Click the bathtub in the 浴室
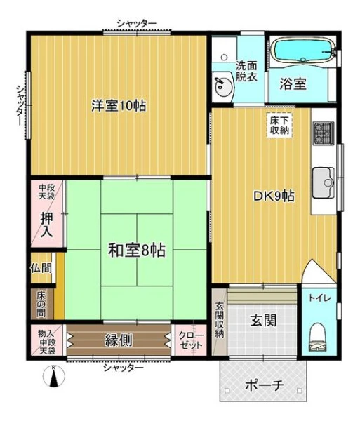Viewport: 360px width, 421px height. [303, 51]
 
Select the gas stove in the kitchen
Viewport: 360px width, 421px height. [324, 133]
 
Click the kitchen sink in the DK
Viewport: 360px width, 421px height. [324, 182]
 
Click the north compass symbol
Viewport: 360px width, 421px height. [54, 376]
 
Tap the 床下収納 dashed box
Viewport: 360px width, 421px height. [279, 126]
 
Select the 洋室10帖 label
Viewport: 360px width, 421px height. [119, 105]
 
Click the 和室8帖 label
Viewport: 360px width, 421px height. [137, 250]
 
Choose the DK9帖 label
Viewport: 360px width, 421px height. [274, 196]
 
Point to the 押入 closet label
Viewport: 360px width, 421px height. [47, 225]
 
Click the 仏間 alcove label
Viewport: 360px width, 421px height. [41, 268]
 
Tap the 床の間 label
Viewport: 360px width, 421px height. [41, 305]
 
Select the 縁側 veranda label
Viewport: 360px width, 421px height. [119, 340]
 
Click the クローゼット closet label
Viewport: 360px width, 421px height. [191, 340]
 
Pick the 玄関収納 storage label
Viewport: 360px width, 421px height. [220, 319]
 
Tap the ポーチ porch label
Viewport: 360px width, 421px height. [265, 386]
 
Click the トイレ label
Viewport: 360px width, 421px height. [320, 298]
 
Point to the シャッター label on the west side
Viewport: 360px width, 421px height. [20, 105]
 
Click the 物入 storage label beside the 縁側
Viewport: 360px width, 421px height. [46, 334]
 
